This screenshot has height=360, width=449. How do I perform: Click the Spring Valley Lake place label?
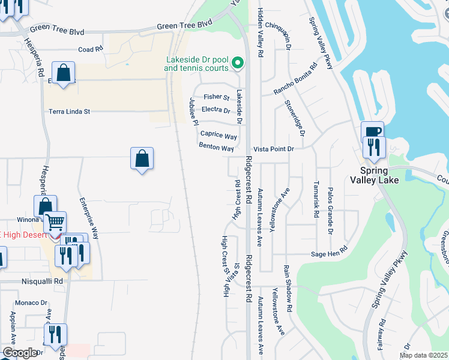click(x=374, y=175)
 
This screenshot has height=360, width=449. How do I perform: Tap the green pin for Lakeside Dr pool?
click(x=238, y=62)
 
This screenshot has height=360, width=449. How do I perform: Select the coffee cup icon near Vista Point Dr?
click(x=372, y=131)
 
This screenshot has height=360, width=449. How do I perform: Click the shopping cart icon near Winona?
click(x=55, y=223)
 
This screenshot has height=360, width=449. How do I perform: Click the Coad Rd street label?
click(x=91, y=49)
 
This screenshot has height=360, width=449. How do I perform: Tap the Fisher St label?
click(x=216, y=97)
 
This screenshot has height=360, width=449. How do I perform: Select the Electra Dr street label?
click(x=216, y=110)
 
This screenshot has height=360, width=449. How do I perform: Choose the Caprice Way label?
click(x=218, y=136)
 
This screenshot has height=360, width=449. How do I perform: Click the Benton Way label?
click(x=216, y=148)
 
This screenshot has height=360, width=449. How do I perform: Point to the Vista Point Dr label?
click(x=273, y=148)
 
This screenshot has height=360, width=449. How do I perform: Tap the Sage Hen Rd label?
click(x=329, y=254)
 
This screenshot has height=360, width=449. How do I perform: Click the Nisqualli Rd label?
click(x=41, y=280)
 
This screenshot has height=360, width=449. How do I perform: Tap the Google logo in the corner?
click(x=20, y=353)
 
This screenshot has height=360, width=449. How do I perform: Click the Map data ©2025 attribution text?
click(x=423, y=355)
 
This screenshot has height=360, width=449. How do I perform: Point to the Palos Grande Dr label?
click(x=330, y=211)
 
